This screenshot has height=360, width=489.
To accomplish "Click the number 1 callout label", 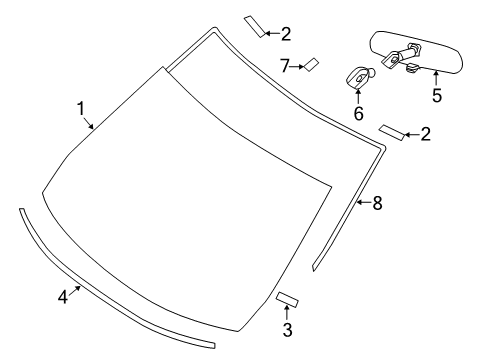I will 81,108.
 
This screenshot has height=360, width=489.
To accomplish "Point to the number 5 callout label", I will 436,96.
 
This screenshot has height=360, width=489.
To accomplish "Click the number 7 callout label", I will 284,66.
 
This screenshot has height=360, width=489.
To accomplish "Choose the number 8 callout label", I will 377,203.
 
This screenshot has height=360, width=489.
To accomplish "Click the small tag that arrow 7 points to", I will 311,65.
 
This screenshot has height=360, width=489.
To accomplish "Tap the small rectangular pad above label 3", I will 289,298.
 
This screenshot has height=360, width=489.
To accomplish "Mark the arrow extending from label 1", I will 90,123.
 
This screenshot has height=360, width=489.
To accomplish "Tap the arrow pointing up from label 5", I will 436,78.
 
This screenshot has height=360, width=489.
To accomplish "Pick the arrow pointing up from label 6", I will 358,95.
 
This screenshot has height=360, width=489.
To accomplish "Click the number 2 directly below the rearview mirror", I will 426,134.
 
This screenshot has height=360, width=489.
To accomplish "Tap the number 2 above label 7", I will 286,34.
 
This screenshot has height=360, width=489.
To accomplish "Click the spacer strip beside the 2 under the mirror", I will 390,131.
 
